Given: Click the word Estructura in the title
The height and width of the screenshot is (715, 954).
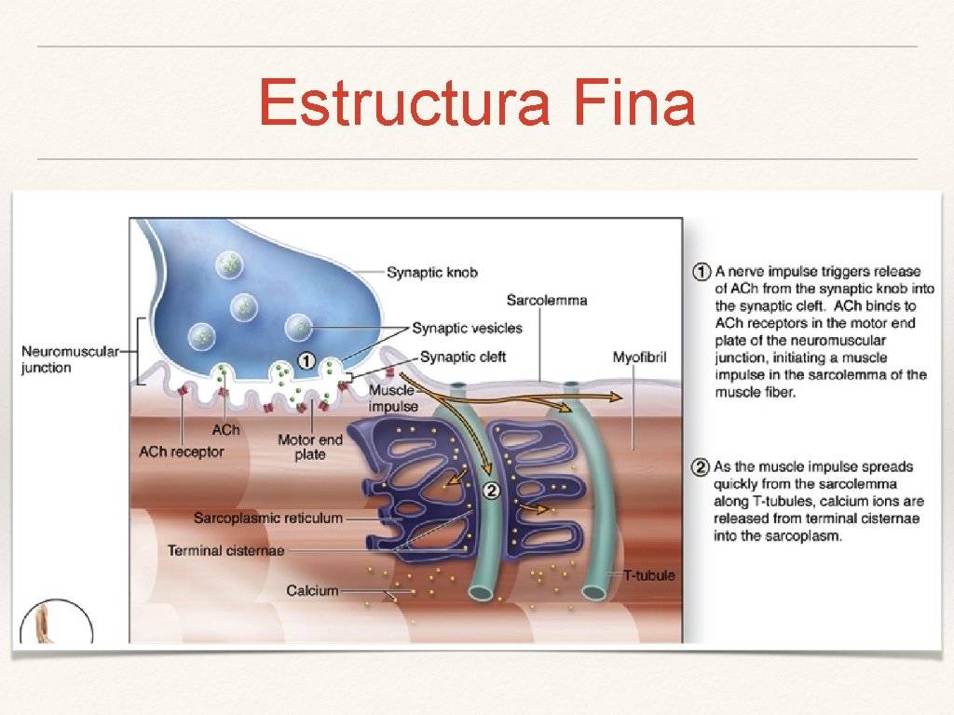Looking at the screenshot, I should point(404,103).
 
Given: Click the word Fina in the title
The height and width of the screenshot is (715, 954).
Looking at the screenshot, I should point(634,103).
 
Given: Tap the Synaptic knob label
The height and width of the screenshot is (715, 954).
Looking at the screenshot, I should point(432,272).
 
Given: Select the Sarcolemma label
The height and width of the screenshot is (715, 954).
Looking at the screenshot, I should point(547,300).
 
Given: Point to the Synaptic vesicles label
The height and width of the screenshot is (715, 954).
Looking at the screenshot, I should point(467,328).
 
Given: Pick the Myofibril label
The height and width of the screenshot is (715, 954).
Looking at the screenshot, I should point(639,357).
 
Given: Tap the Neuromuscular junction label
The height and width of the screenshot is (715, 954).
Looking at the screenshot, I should point(70,359).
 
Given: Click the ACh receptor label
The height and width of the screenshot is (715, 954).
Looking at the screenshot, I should point(182,452).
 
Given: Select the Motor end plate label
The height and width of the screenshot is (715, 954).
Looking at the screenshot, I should point(310,447).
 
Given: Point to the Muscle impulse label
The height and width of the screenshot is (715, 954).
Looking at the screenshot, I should point(391,398).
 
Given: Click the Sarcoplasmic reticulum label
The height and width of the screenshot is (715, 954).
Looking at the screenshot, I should point(268,518).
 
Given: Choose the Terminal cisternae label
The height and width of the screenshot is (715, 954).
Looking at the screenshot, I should point(225,550).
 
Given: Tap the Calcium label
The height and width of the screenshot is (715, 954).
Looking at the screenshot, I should point(312,590).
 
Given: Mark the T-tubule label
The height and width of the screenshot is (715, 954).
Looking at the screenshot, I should point(649,575).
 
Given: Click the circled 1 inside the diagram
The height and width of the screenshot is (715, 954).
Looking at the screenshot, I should point(307,360).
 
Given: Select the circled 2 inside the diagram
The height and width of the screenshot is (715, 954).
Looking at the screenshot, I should point(492,491).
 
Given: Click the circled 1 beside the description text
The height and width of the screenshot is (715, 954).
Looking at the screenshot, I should point(703,272).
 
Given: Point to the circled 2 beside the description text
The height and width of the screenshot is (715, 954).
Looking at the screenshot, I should point(703,466).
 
